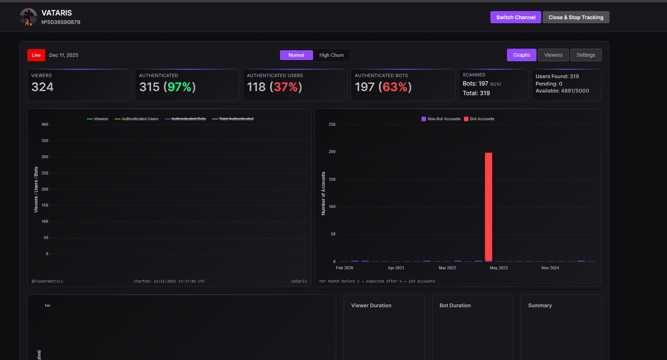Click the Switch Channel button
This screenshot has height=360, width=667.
[515, 17]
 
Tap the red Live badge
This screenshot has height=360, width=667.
[36, 55]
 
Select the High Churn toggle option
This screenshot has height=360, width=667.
[331, 55]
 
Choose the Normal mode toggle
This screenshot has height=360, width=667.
[296, 55]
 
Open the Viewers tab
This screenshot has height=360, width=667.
[553, 55]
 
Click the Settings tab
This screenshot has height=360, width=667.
[586, 55]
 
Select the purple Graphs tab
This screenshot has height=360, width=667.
[521, 55]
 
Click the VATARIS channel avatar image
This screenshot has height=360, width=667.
[28, 17]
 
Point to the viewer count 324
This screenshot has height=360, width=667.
[42, 87]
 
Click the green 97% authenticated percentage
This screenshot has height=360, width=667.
[179, 87]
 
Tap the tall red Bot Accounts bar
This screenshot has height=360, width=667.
[488, 207]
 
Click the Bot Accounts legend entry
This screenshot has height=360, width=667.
[479, 119]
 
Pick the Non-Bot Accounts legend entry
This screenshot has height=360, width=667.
[441, 119]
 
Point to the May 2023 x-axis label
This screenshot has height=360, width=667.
[498, 268]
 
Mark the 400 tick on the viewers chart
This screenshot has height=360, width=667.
[45, 124]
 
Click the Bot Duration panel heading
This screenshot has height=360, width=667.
[455, 305]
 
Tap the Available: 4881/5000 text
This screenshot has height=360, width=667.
[562, 91]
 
